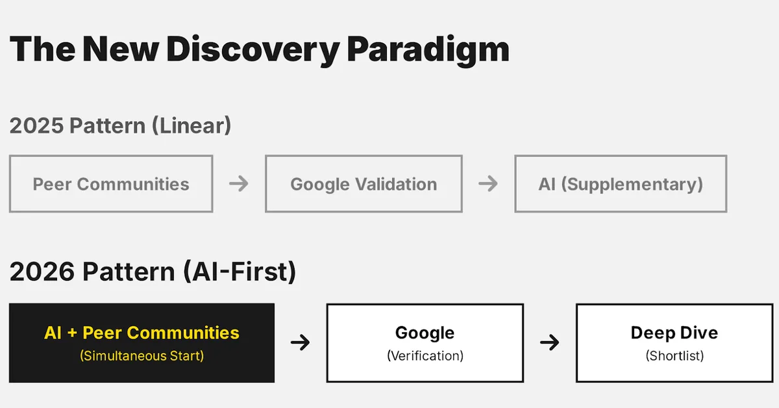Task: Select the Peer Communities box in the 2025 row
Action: [111, 184]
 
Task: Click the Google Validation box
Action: [364, 184]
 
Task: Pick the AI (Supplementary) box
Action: [621, 184]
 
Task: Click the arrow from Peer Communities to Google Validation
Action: [239, 184]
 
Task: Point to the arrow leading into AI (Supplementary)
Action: [488, 184]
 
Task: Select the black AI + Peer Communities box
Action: [142, 342]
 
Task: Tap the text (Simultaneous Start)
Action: [142, 356]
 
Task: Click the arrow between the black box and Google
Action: [300, 342]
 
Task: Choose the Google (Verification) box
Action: [425, 342]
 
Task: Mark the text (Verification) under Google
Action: [425, 356]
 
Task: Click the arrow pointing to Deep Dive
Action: [549, 342]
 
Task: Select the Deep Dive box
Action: [674, 342]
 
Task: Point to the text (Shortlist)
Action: [674, 356]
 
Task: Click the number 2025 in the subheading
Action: [36, 125]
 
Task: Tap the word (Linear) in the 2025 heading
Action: [192, 125]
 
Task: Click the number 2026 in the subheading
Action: [42, 272]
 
